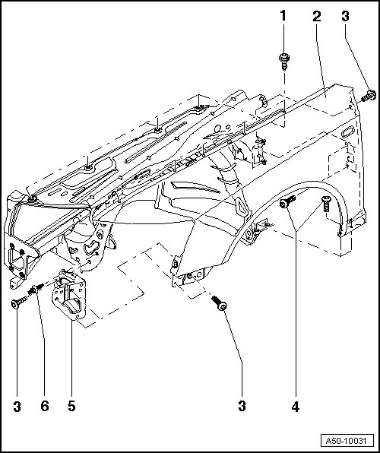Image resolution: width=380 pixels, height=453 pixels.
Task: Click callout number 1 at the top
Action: [x=283, y=16]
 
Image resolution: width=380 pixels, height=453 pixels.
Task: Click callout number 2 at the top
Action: [x=317, y=16]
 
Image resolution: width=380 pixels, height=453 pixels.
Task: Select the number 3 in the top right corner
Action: [x=345, y=16]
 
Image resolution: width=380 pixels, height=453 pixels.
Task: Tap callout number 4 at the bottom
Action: [x=296, y=407]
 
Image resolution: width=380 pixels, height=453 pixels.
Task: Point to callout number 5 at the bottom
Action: [x=71, y=406]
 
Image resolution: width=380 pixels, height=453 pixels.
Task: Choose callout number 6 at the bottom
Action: [x=45, y=406]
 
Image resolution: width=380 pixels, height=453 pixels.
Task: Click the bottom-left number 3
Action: [x=17, y=407]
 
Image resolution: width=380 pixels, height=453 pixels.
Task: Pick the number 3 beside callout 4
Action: [x=242, y=406]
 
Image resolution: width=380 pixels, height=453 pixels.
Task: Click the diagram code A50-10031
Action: [x=346, y=441]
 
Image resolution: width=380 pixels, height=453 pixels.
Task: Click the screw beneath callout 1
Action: [x=283, y=62]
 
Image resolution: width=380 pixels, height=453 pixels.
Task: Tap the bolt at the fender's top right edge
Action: [x=369, y=96]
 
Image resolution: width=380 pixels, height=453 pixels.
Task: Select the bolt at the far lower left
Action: [x=19, y=303]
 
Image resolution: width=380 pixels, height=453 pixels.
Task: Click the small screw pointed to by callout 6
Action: [x=36, y=289]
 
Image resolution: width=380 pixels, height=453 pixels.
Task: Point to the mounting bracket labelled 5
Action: [x=69, y=295]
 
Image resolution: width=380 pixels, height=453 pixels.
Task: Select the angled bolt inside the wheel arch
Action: [x=287, y=201]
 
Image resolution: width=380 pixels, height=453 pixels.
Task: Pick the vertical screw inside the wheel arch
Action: [x=326, y=203]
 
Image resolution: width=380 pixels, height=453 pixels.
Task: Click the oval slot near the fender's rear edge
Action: [x=347, y=131]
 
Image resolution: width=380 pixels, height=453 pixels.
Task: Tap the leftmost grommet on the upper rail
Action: [x=31, y=199]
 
